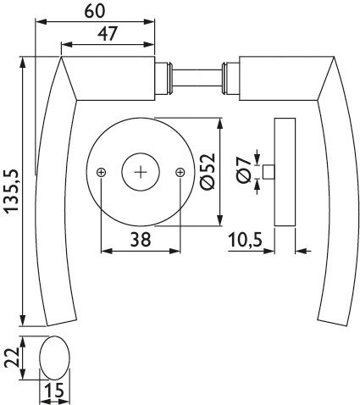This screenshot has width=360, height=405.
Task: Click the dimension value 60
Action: [95, 11]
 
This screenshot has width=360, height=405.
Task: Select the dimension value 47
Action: [108, 34]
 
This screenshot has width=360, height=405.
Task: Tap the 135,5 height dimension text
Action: [12, 191]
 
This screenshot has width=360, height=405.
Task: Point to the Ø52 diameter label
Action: [208, 171]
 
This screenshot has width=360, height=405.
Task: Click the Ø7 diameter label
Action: [244, 170]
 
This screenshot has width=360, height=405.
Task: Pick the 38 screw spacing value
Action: [141, 240]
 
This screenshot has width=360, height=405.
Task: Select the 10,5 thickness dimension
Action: [245, 240]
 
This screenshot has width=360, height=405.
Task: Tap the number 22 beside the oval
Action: [11, 358]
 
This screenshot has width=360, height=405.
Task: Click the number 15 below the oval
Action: [55, 391]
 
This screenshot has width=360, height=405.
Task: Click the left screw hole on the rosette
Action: [101, 172]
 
